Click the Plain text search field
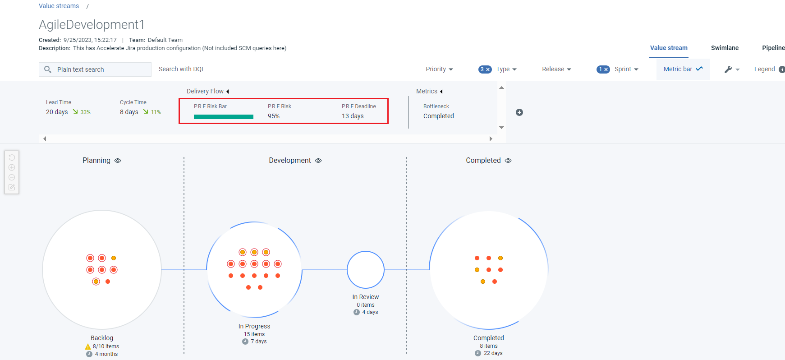point(101,69)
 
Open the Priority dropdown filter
point(439,69)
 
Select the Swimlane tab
point(725,48)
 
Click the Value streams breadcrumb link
point(59,6)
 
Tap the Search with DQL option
point(182,69)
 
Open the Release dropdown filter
point(556,69)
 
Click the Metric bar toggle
point(683,69)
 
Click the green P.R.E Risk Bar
point(224,117)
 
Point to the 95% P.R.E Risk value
point(274,116)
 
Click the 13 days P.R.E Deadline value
point(353,116)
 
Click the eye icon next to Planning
point(118,161)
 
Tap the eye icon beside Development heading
point(318,161)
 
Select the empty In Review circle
point(366,270)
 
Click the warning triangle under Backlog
point(88,346)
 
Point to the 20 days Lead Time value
point(57,112)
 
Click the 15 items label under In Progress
point(254,334)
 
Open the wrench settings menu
point(731,69)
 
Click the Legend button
point(765,69)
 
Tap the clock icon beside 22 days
point(478,353)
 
